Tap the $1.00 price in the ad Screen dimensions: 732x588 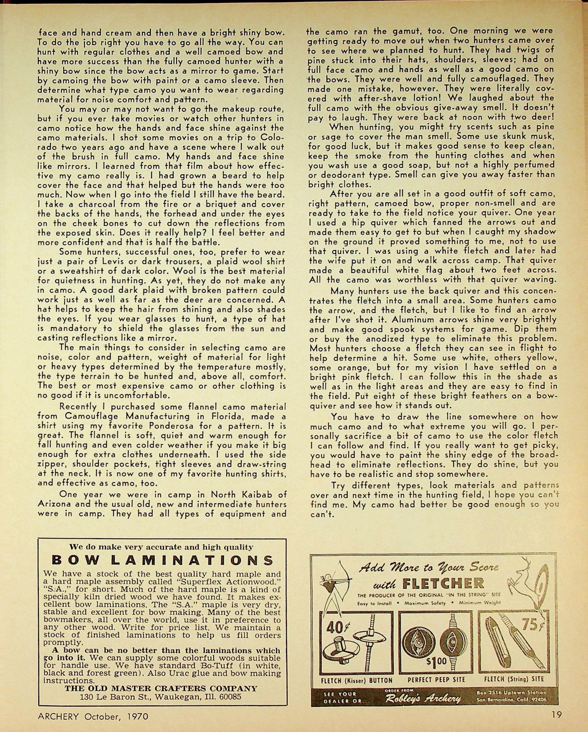[x=437, y=661]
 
